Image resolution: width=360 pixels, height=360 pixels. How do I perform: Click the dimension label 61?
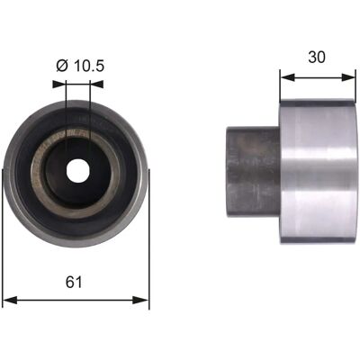pos(74,282)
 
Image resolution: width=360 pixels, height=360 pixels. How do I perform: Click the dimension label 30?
pos(317,57)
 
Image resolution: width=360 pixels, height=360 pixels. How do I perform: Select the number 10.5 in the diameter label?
pos(89,66)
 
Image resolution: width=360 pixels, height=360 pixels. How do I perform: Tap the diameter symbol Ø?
pos(62,66)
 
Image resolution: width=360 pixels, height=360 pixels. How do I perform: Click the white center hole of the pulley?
pos(76,170)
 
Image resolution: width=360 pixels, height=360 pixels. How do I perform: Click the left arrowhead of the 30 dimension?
pos(287,77)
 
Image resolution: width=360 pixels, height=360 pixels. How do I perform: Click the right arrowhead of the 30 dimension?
pos(348,77)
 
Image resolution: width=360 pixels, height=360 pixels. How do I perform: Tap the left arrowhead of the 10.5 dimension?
pos(58,84)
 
